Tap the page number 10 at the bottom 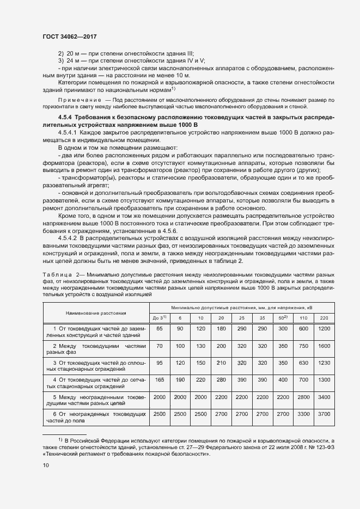pos(46,465)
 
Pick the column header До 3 pos(160,317)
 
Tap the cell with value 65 pos(160,328)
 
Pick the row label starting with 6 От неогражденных pos(96,418)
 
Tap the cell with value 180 pos(221,328)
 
